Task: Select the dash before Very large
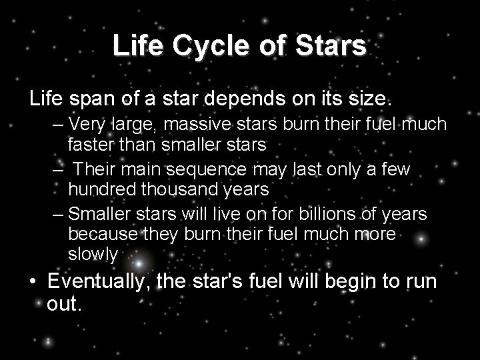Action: pos(59,124)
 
